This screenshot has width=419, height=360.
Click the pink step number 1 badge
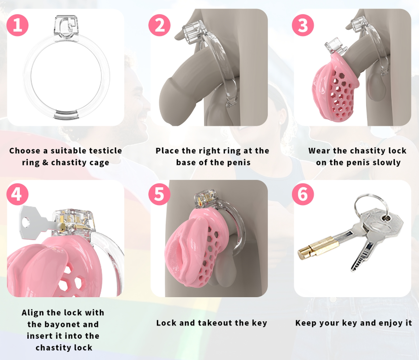[17, 25]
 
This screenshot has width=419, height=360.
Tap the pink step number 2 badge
[160, 25]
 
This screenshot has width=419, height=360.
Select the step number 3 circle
[303, 25]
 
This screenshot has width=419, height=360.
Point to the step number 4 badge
[17, 194]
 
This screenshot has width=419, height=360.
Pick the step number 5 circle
[160, 194]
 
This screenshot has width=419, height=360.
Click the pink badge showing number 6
[303, 194]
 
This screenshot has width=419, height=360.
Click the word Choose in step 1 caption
[25, 151]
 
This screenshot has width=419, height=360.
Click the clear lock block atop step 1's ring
[66, 27]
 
